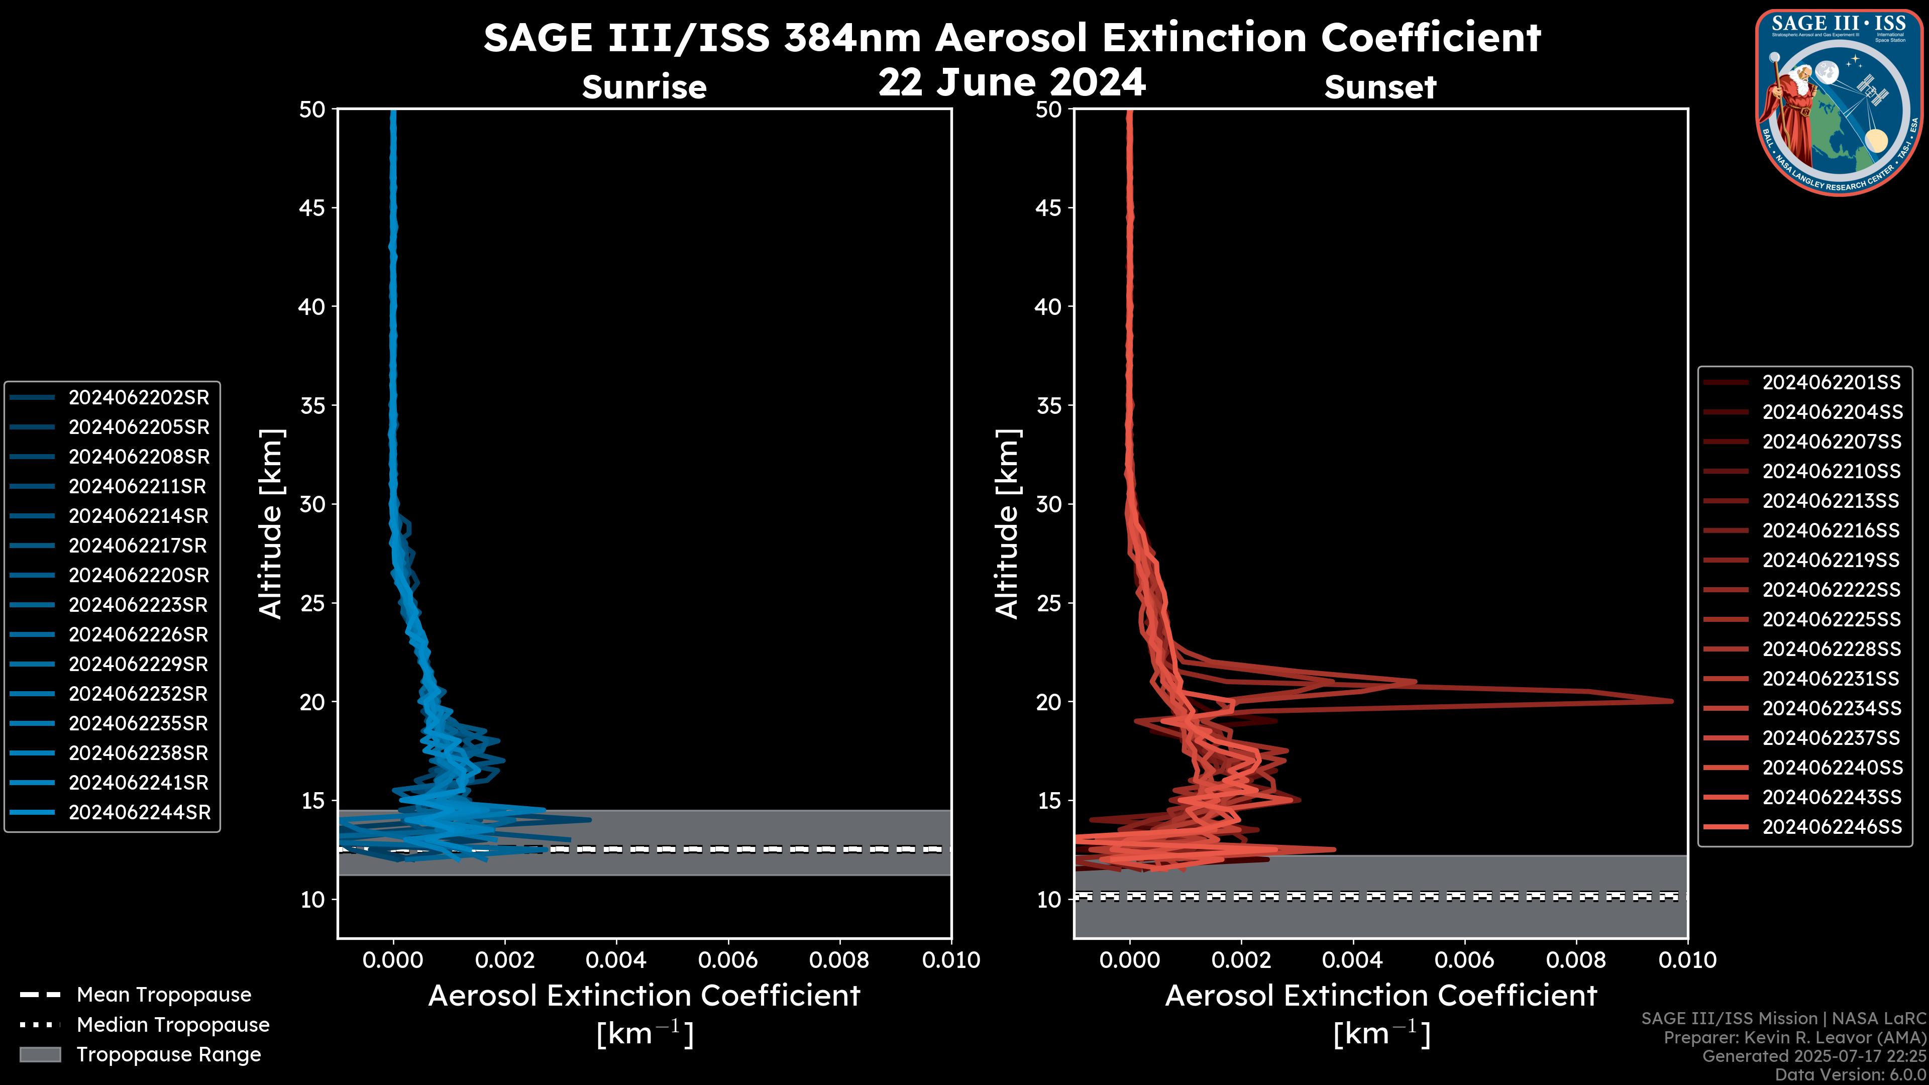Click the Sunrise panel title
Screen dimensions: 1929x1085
pyautogui.click(x=644, y=87)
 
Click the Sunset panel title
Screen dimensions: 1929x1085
pyautogui.click(x=1380, y=87)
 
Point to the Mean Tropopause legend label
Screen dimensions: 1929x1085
pyautogui.click(x=164, y=995)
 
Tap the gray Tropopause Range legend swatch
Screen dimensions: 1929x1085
pyautogui.click(x=40, y=1054)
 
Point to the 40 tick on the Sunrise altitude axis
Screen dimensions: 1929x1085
pyautogui.click(x=313, y=306)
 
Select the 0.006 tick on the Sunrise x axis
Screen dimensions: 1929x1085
pyautogui.click(x=728, y=960)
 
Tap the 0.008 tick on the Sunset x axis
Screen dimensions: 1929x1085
pyautogui.click(x=1576, y=960)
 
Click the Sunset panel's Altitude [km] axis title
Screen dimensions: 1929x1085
pyautogui.click(x=1007, y=524)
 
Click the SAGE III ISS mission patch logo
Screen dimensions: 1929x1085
pyautogui.click(x=1839, y=102)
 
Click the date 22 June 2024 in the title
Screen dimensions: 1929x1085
pyautogui.click(x=1012, y=82)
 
